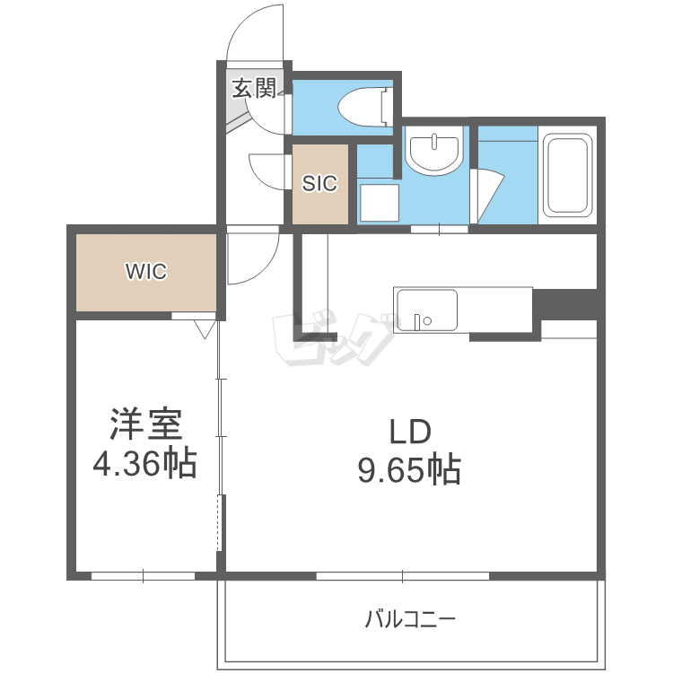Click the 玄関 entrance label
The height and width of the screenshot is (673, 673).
click(x=254, y=89)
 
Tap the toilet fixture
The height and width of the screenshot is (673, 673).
click(x=365, y=108)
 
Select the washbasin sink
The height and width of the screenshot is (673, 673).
click(x=434, y=151)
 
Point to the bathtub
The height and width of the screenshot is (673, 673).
click(x=567, y=175)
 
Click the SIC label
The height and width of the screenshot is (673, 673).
click(x=319, y=184)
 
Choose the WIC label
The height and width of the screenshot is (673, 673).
click(x=146, y=271)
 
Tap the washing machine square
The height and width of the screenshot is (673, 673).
click(x=380, y=203)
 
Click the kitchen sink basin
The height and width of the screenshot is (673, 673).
click(x=426, y=310)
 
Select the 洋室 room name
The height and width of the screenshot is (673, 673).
click(x=146, y=424)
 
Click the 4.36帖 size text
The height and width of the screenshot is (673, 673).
click(x=145, y=464)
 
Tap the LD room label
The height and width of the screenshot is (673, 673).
click(x=409, y=432)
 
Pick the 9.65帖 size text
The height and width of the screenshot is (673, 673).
click(x=409, y=470)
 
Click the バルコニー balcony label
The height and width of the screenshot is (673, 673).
click(x=410, y=620)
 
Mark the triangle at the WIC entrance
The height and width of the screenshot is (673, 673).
click(x=205, y=329)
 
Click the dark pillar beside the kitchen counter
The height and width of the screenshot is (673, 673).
click(x=564, y=304)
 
